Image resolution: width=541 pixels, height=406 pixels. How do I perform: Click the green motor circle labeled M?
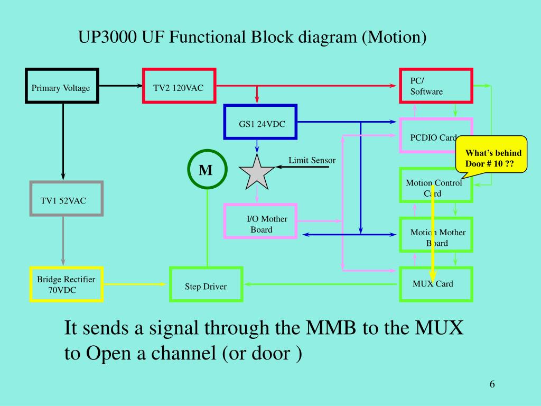point(207,150)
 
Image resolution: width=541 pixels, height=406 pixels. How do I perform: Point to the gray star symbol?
point(257,173)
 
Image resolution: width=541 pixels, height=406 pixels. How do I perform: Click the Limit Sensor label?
point(312,160)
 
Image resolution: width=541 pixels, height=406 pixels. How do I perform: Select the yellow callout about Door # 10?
point(491,154)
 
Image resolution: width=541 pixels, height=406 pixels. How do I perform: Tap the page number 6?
point(492,384)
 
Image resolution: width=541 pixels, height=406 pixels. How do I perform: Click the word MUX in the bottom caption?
point(439,327)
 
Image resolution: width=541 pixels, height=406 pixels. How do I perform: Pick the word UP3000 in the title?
point(107,37)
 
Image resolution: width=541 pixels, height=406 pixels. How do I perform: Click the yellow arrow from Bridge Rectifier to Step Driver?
point(135,284)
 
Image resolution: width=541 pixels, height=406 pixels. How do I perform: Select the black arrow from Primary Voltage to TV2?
point(121,86)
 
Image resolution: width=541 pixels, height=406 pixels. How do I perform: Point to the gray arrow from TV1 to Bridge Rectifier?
point(63,241)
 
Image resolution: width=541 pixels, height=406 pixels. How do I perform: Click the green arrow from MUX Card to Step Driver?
point(320,284)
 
